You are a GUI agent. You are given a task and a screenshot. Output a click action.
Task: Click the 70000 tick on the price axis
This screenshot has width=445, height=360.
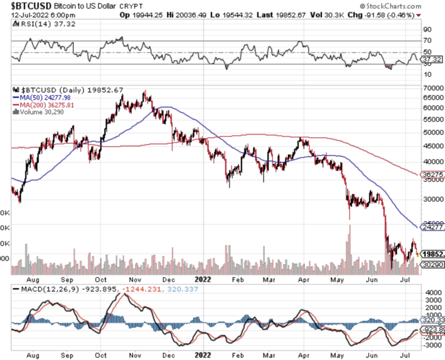432,87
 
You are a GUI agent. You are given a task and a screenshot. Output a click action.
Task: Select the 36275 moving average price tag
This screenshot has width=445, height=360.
433,174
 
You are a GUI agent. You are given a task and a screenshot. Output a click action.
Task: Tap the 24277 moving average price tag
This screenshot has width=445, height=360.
433,227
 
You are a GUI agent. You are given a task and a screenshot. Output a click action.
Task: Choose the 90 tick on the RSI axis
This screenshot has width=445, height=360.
427,30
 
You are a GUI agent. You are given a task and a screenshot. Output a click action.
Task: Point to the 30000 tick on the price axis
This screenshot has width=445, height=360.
432,199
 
